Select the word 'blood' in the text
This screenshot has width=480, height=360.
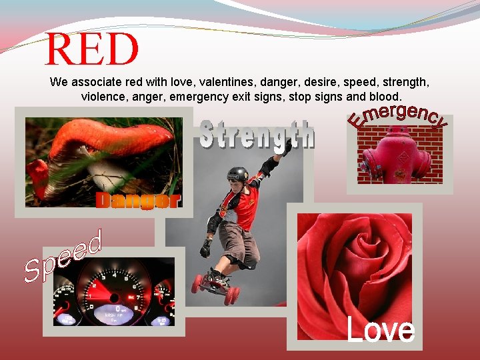383,97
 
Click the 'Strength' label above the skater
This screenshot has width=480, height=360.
257,135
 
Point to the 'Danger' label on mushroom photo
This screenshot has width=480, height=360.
137,200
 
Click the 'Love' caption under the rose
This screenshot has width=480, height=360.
380,331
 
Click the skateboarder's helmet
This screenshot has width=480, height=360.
237,175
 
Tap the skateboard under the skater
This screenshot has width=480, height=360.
215,284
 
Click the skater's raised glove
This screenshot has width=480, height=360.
285,147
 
